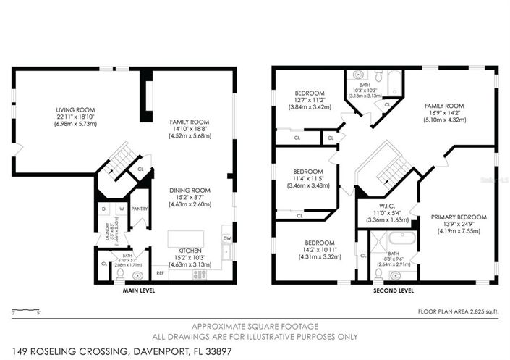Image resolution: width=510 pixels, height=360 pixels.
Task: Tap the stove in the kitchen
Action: [x=198, y=275]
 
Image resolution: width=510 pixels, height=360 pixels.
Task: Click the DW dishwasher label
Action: [x=226, y=238]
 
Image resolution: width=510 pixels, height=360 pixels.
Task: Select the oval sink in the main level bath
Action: [x=137, y=275]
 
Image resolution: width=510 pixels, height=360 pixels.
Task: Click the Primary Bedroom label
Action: [x=459, y=217]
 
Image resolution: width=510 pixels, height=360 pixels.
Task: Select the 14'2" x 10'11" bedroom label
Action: [x=319, y=249]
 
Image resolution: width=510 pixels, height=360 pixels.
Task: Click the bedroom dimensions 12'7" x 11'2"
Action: [x=313, y=100]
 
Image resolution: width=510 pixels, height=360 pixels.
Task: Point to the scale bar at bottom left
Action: [x=25, y=312]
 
